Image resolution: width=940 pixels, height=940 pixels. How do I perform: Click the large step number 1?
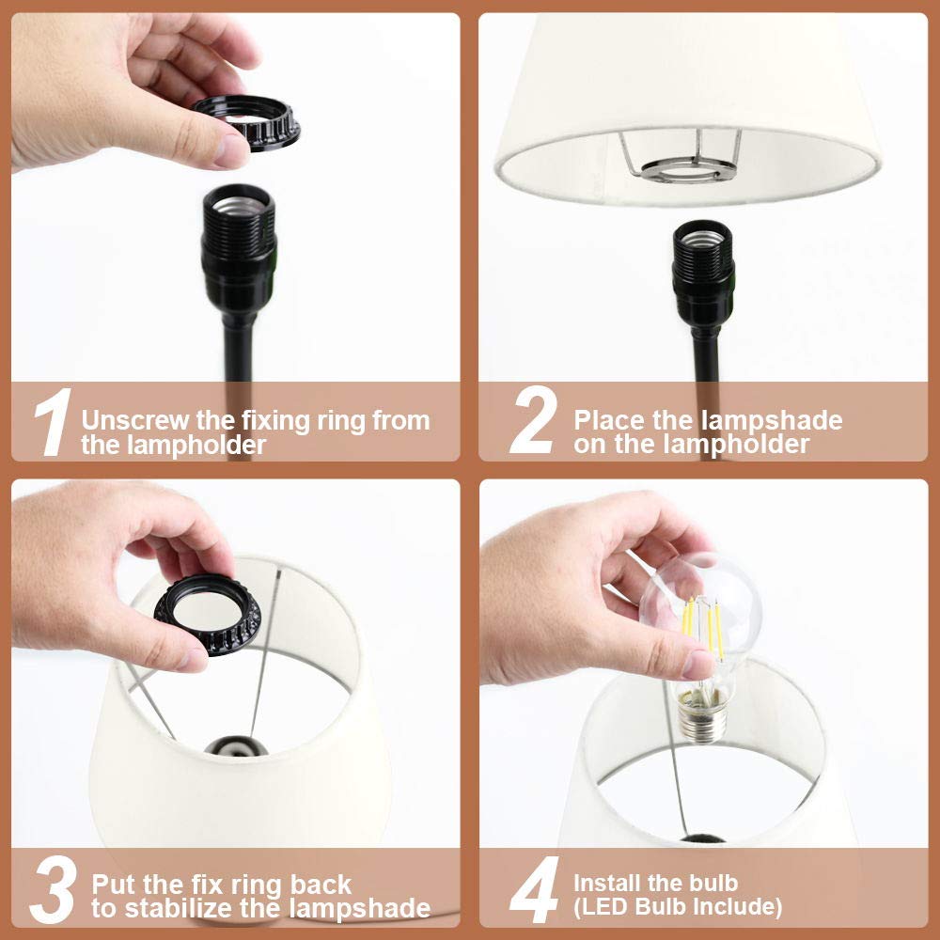coord(53,422)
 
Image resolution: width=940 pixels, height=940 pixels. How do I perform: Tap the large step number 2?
coord(532,419)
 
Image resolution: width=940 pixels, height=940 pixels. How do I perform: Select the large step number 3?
coord(54,889)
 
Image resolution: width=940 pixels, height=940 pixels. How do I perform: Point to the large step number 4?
coord(534,889)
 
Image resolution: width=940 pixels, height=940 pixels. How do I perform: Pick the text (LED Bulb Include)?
coord(678,907)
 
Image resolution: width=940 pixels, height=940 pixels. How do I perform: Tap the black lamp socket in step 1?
coord(239,249)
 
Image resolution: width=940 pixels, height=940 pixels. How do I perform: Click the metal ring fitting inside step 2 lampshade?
coord(682,170)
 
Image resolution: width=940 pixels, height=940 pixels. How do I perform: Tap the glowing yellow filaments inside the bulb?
coord(702,626)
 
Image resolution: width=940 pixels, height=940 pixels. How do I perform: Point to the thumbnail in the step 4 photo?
coord(697,666)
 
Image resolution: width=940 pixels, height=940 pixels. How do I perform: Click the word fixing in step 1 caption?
coord(275,421)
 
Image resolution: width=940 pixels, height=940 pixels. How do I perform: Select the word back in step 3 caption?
coord(321,885)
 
